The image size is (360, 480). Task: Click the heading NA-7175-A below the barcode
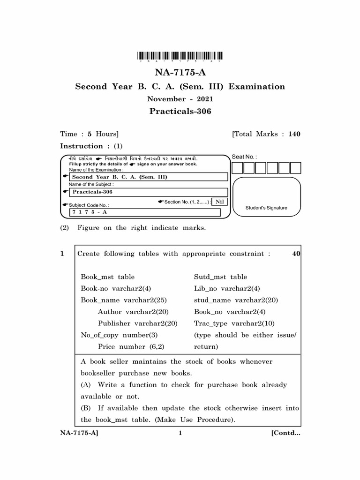[180, 73]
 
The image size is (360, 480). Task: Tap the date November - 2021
[180, 99]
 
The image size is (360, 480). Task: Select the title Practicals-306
[180, 112]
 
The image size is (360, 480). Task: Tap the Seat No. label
[244, 157]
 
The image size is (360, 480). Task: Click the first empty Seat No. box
[238, 168]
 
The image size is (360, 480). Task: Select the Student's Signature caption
[266, 208]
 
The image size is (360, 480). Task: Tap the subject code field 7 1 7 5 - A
[144, 212]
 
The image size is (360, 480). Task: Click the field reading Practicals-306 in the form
[148, 192]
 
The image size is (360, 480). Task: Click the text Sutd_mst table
[220, 277]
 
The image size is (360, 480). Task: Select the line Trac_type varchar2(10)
[234, 323]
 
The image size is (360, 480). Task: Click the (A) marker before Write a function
[86, 385]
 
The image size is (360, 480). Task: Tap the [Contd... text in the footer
[285, 433]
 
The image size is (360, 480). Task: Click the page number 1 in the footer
[180, 433]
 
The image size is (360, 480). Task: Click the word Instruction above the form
[82, 146]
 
